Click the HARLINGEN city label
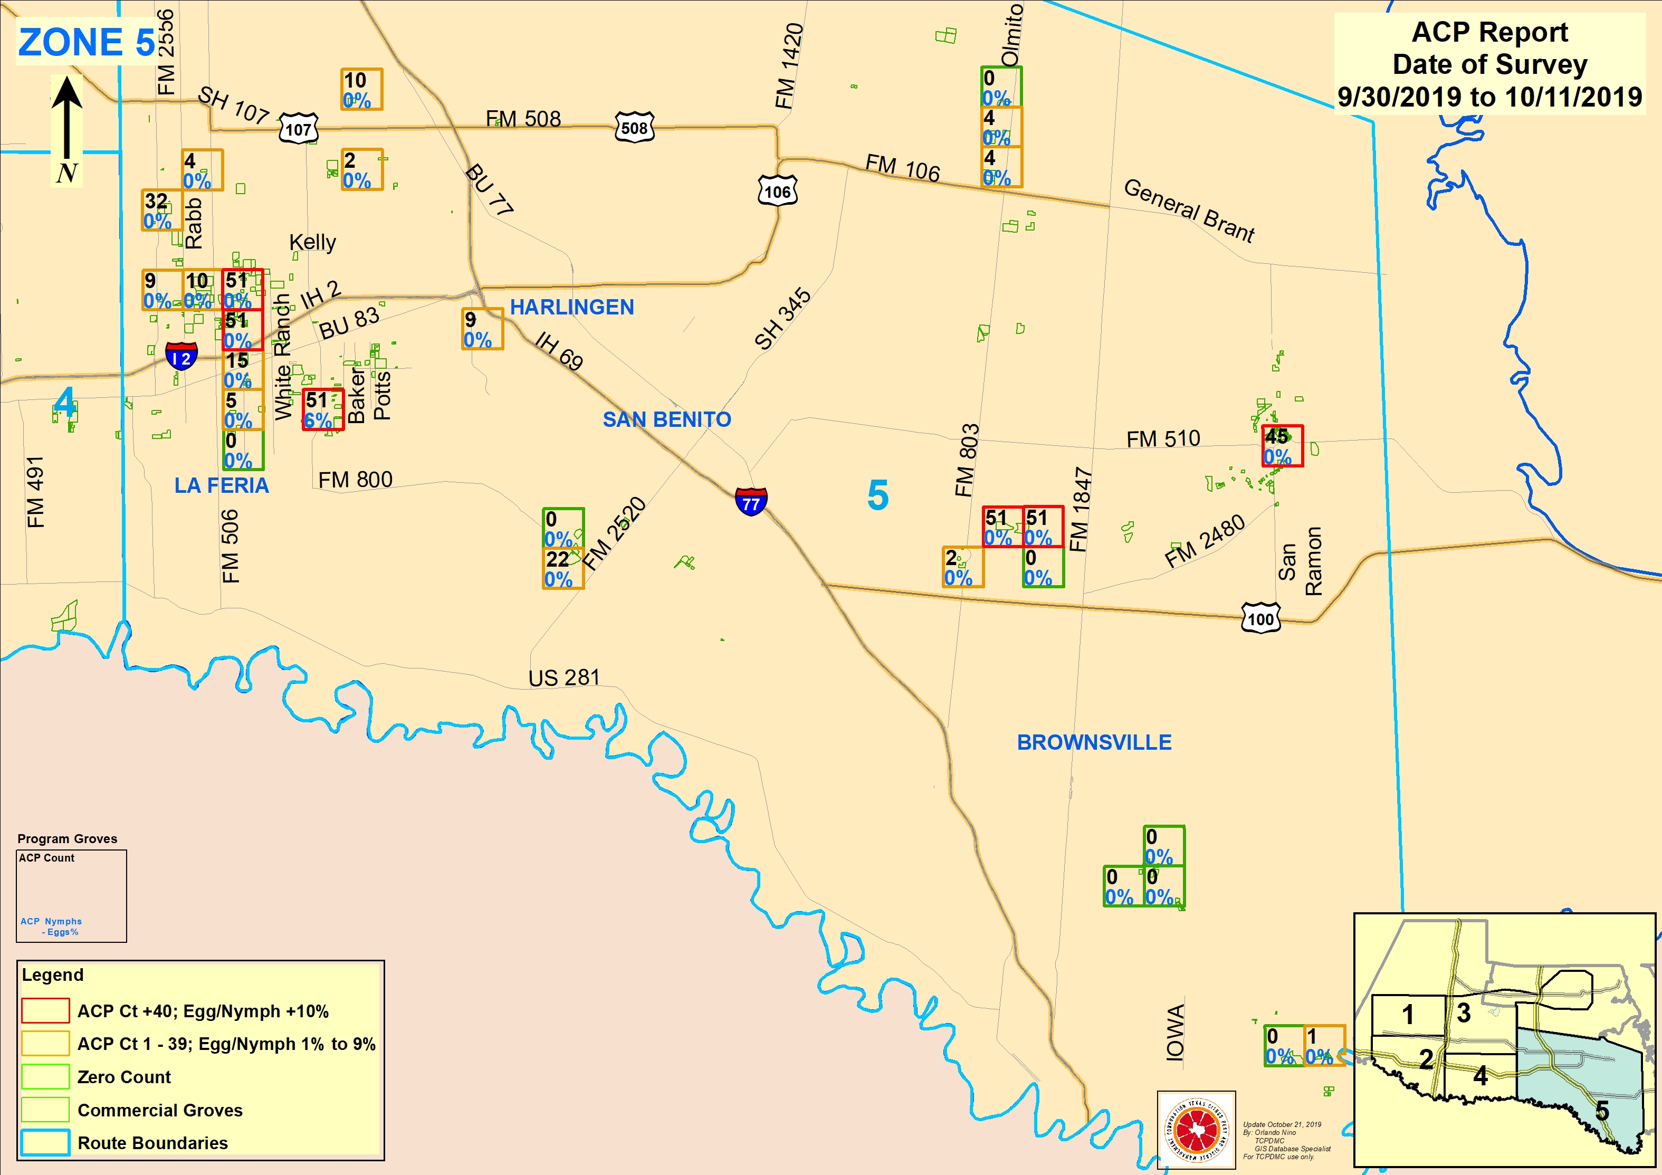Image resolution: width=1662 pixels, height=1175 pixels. [x=572, y=307]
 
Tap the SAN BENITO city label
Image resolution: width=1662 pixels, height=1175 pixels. [x=667, y=419]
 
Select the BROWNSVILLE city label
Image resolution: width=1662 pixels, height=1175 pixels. [x=1094, y=742]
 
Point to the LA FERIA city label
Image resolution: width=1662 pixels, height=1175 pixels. [x=222, y=485]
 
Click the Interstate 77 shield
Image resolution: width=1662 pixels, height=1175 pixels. [x=751, y=501]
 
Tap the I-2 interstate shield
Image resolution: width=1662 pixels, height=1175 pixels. [x=181, y=356]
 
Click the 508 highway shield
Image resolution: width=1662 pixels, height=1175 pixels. [x=634, y=128]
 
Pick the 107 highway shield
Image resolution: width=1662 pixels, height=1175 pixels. [x=298, y=129]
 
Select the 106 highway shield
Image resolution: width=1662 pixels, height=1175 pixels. [x=777, y=191]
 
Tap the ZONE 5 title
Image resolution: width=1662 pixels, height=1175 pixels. [x=86, y=42]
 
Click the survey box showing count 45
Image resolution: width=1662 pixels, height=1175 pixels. [x=1282, y=446]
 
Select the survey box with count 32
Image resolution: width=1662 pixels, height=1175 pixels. [x=161, y=210]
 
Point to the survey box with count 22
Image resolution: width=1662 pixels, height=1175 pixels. [x=563, y=568]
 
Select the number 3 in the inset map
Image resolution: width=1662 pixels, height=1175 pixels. [x=1464, y=1013]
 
